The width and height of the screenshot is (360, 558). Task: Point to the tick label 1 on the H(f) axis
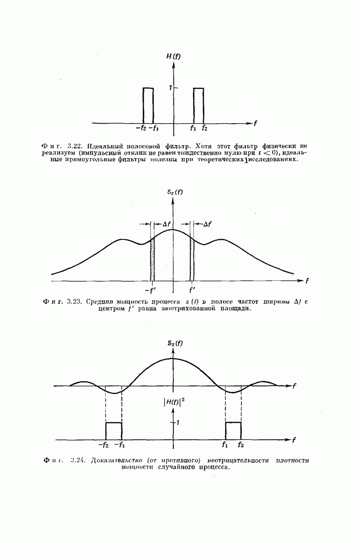point(170,88)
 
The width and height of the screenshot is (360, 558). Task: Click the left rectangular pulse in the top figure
point(148,105)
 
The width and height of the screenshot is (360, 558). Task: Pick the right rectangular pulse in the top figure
point(198,105)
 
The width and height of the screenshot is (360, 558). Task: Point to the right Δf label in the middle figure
point(207,224)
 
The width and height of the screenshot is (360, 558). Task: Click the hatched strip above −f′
point(152,261)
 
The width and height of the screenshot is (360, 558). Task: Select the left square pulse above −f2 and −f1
point(113,431)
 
